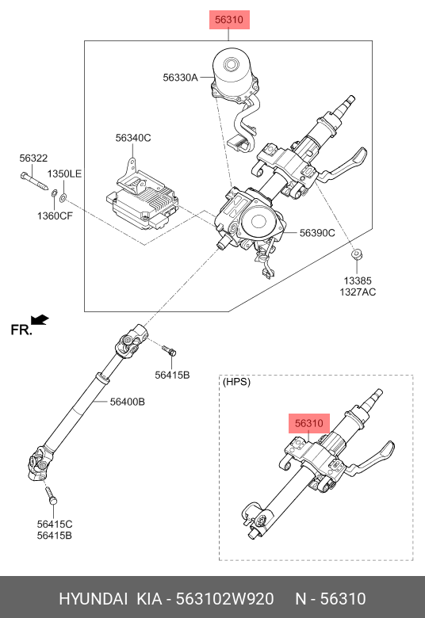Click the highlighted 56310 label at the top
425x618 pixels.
coord(229,20)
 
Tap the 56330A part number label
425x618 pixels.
coord(180,78)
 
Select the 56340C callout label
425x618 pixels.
coord(133,138)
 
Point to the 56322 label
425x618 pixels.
coord(33,158)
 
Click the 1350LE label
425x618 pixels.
coord(64,174)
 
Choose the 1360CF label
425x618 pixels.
coord(55,216)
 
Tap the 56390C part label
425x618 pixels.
coord(317,233)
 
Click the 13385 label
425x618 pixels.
coord(358,280)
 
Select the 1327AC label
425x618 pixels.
coord(358,292)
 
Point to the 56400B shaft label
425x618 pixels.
coord(127,402)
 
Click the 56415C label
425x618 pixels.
coord(55,525)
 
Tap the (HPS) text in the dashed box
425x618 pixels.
coord(236,382)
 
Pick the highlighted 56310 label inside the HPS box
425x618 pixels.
coord(309,423)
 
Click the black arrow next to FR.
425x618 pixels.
coord(40,319)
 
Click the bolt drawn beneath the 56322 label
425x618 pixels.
coord(34,181)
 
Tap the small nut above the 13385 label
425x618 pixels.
coord(357,254)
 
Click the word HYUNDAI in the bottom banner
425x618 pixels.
coord(93,599)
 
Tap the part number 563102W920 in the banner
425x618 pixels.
coord(224,599)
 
